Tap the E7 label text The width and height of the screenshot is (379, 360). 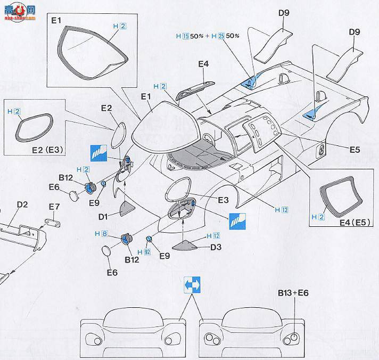click(x=54, y=206)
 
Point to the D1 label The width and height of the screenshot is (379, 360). click(x=103, y=216)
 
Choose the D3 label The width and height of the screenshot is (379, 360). click(x=216, y=247)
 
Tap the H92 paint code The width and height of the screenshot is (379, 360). click(x=143, y=251)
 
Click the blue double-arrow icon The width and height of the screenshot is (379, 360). click(x=192, y=285)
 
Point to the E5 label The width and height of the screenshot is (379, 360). click(x=355, y=150)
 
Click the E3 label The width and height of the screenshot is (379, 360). click(x=223, y=200)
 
